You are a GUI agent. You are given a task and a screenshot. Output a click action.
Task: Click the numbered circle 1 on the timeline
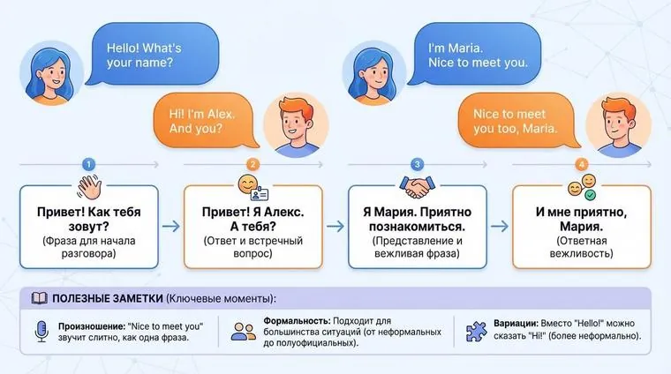[87, 164]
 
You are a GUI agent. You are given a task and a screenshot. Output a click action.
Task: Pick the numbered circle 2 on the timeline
[253, 164]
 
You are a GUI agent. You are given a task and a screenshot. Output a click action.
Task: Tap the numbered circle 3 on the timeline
[417, 164]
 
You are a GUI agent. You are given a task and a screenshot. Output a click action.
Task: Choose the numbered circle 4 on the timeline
[581, 164]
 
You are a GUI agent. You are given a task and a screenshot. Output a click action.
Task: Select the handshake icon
[417, 186]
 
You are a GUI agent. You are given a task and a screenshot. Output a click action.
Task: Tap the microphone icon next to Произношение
[39, 331]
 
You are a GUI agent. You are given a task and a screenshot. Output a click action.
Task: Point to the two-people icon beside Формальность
[243, 332]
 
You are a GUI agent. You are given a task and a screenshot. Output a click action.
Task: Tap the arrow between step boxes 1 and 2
[170, 226]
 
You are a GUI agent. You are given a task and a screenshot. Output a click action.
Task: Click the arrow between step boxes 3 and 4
[499, 226]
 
